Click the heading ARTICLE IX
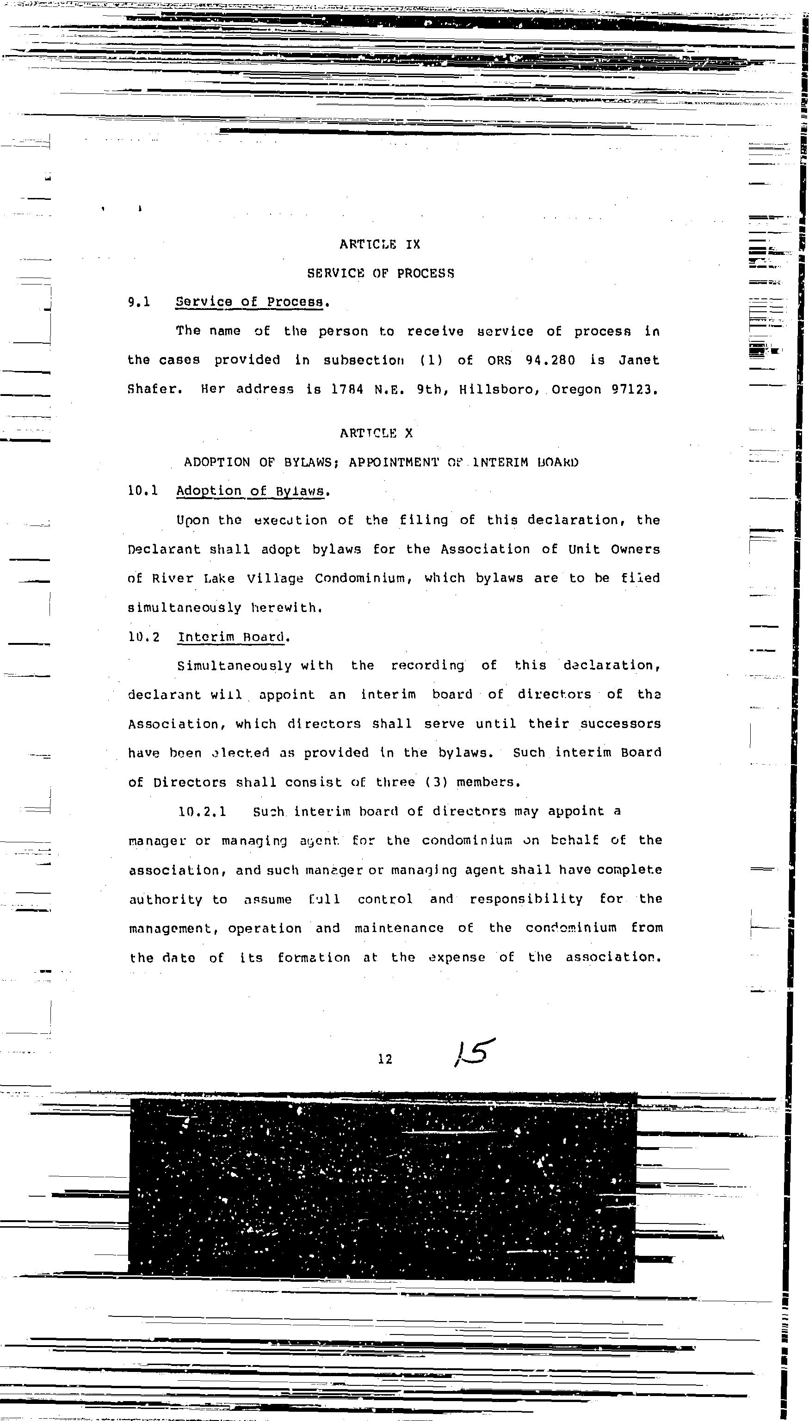click(380, 244)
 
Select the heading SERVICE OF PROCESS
click(381, 273)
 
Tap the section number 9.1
click(139, 302)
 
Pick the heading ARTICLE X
click(377, 433)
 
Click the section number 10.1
click(143, 490)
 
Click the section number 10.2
click(143, 637)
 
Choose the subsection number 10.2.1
click(202, 812)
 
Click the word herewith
click(287, 608)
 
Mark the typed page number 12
click(385, 1059)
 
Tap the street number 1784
click(347, 389)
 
